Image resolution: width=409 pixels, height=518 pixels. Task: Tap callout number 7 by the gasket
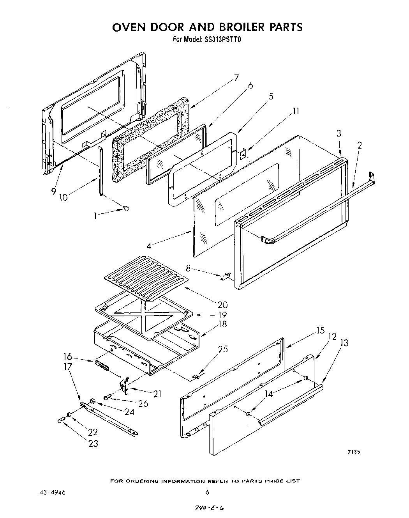click(x=236, y=77)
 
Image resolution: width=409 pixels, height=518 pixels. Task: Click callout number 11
click(x=296, y=111)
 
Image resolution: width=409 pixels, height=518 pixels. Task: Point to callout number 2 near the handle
click(x=359, y=145)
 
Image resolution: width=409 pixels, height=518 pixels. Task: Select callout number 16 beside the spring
click(x=67, y=356)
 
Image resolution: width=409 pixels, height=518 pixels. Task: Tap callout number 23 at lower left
click(x=93, y=443)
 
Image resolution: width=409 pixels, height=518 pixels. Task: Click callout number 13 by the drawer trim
click(x=344, y=343)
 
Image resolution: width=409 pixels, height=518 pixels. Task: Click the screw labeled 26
click(x=108, y=397)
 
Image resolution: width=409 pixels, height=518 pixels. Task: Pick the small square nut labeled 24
click(x=93, y=401)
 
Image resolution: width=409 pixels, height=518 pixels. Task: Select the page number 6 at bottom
click(x=207, y=492)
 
